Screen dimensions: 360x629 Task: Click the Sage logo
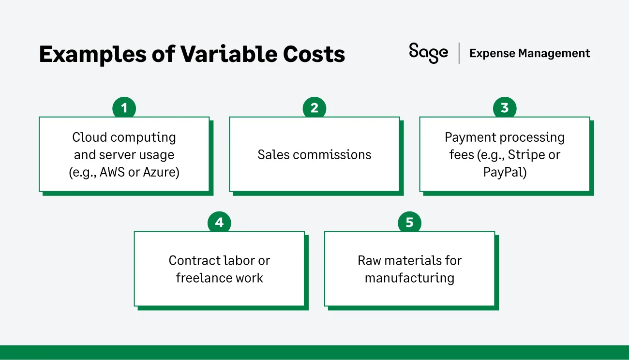tap(428, 53)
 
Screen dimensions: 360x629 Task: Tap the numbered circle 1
tap(124, 108)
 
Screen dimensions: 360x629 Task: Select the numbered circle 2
tap(314, 108)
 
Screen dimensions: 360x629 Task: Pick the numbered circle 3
tap(505, 108)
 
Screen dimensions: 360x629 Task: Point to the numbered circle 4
tap(219, 223)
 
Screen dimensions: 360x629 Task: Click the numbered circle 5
tap(409, 223)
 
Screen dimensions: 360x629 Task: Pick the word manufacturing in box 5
tap(409, 278)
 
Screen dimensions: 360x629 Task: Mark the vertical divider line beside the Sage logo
tap(459, 53)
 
